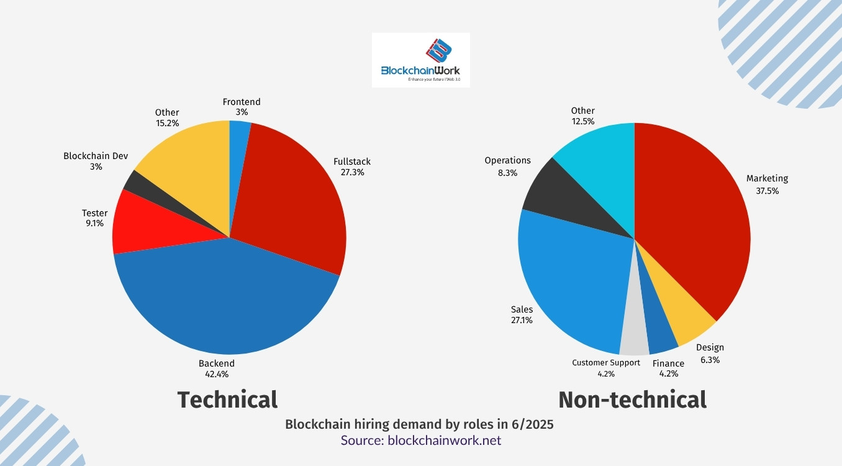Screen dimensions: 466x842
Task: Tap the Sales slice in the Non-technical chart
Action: coord(571,280)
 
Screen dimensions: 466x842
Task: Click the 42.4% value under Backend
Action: coord(217,374)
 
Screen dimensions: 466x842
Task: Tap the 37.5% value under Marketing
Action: coord(767,191)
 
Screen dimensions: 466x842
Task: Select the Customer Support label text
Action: coord(605,363)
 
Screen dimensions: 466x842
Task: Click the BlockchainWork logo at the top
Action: coord(420,60)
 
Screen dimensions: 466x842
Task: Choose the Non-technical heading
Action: coord(632,400)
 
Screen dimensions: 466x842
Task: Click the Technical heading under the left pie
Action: coord(227,400)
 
